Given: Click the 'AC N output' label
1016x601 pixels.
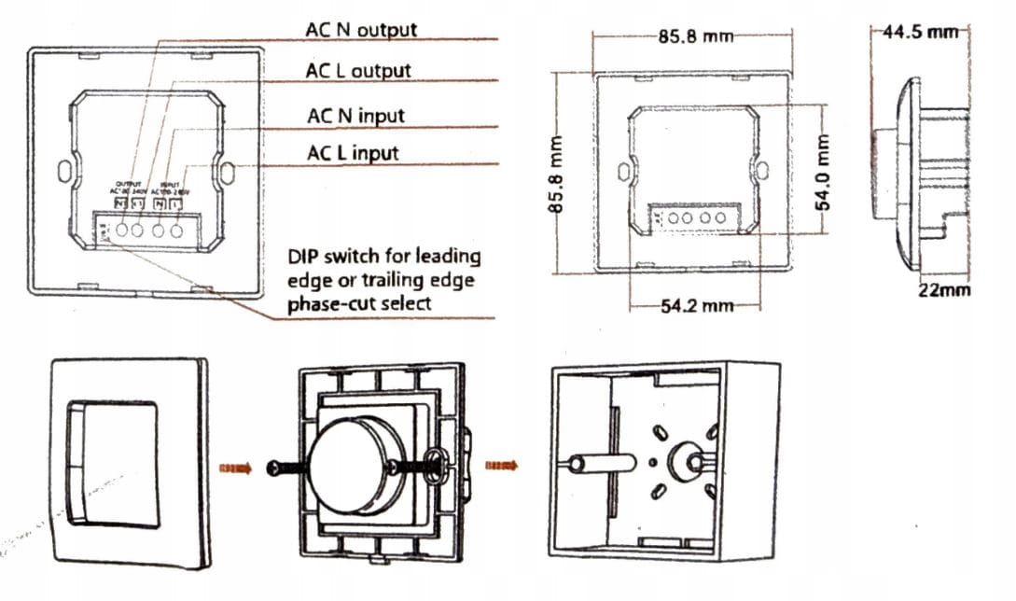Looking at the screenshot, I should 361,29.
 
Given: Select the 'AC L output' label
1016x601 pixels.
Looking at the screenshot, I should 358,71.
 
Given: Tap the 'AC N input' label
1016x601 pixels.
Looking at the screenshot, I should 355,116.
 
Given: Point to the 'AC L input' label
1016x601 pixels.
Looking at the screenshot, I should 353,152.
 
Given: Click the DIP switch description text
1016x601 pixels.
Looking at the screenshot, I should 384,279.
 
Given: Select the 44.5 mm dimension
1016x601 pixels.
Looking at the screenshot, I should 921,32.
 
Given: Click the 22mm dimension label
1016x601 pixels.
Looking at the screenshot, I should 943,290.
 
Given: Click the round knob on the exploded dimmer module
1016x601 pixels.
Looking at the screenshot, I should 354,465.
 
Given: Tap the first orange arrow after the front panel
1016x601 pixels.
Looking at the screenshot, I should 235,469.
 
